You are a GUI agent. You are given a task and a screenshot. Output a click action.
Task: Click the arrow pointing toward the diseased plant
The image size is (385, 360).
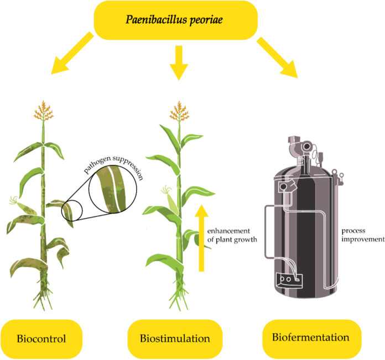[x=71, y=54]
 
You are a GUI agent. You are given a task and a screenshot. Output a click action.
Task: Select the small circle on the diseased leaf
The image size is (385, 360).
[x=72, y=211]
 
